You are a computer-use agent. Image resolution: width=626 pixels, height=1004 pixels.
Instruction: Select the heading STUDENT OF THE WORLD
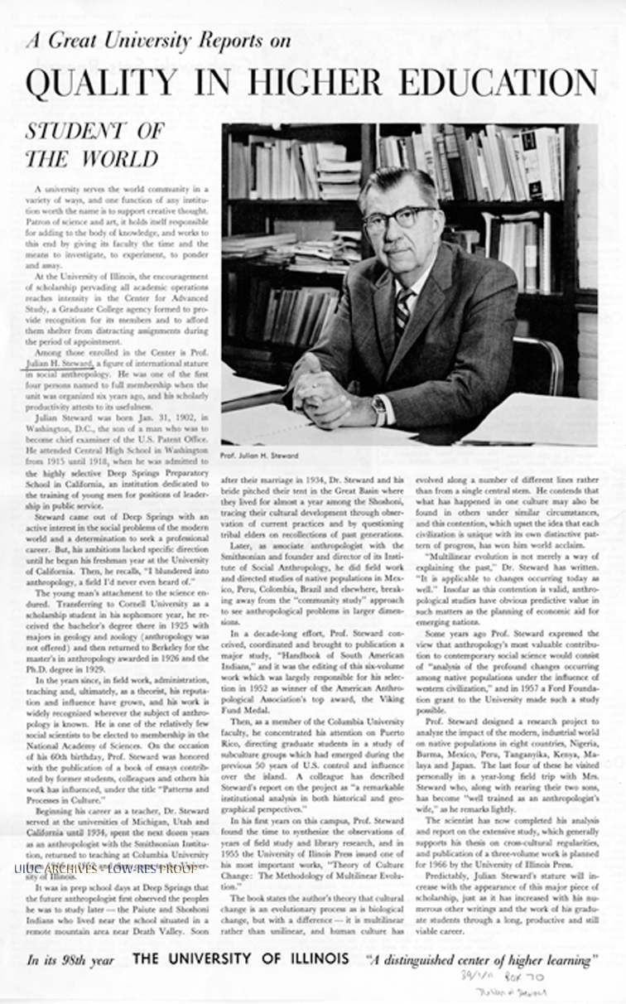[94, 144]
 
